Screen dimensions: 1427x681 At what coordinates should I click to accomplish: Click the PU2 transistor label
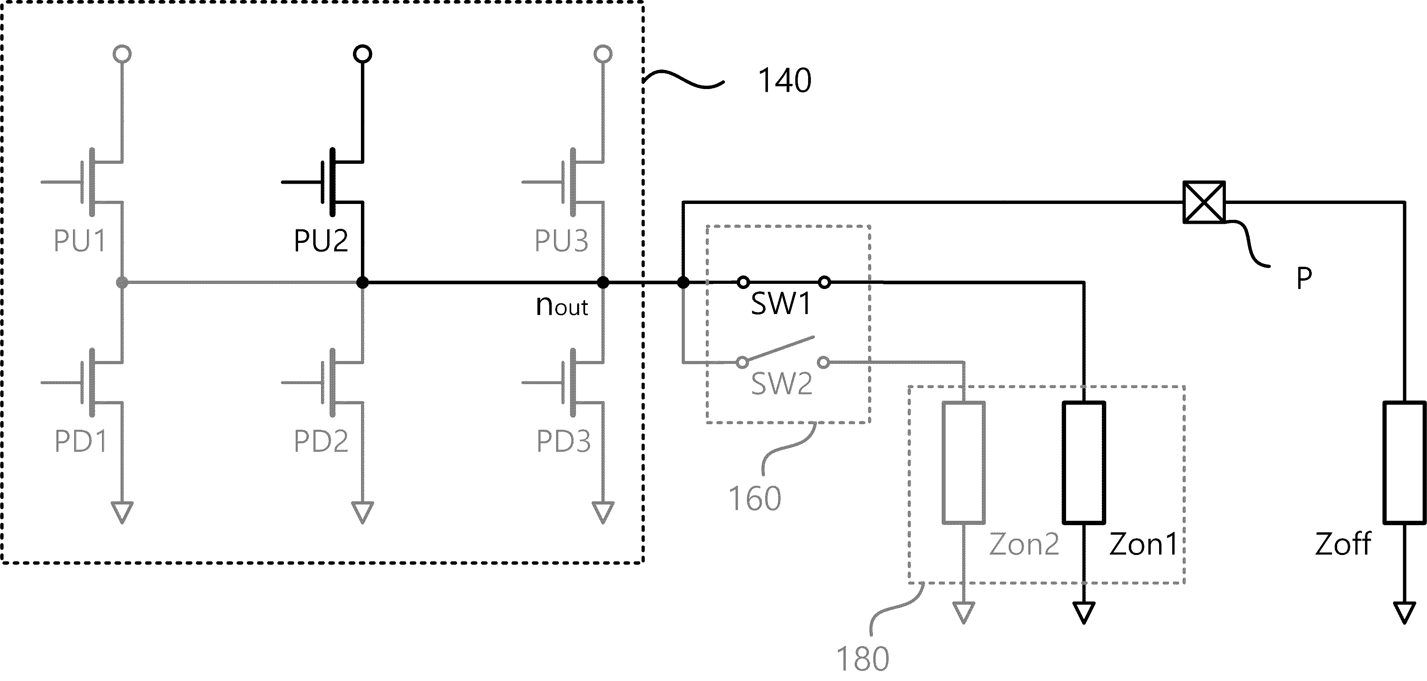pos(321,241)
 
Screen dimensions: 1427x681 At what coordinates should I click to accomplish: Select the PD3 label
pos(563,441)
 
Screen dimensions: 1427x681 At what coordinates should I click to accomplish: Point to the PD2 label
pos(321,441)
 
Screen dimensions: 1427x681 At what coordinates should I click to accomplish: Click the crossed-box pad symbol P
pos(1204,202)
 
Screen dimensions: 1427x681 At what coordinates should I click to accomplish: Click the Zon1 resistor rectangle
pos(1084,463)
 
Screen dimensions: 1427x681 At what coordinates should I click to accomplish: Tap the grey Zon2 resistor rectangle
pos(964,463)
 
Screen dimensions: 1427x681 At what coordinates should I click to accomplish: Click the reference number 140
pos(784,80)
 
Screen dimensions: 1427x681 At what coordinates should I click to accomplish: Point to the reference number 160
pos(754,498)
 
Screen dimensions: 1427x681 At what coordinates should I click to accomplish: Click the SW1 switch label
pos(781,304)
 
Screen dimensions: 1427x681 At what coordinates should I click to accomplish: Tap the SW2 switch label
pos(781,384)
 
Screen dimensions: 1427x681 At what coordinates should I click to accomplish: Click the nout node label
pos(562,306)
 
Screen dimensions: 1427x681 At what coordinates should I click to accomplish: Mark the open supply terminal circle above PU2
pos(362,54)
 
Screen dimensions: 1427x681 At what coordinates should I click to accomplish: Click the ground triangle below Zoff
pos(1404,613)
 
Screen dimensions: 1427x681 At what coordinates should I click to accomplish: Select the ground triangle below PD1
pos(122,512)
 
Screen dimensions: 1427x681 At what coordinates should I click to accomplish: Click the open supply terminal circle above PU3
pos(603,54)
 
